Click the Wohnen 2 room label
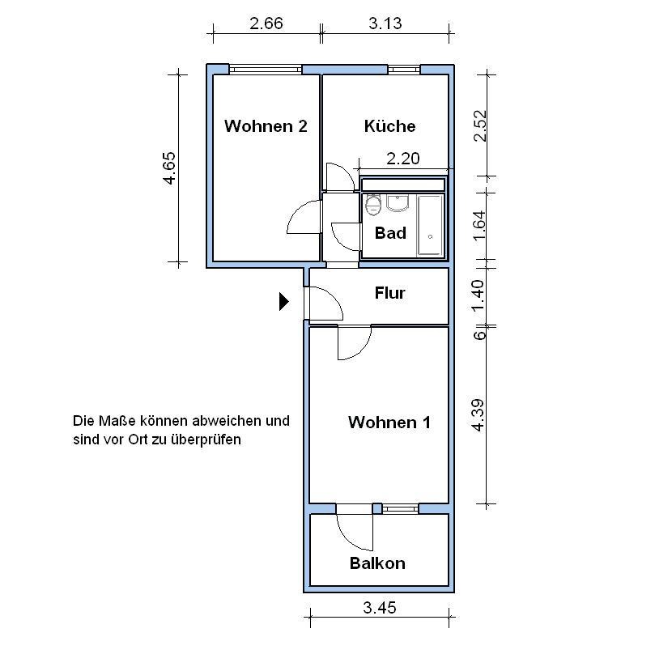[x=266, y=126]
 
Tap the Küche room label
[x=389, y=126]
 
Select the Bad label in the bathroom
[x=390, y=233]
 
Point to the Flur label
[x=389, y=293]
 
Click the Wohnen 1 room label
[x=389, y=423]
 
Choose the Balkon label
[x=377, y=563]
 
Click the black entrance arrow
[x=284, y=302]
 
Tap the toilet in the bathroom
[x=373, y=205]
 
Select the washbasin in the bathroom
[x=398, y=203]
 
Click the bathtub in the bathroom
[x=430, y=225]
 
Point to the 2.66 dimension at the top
[x=266, y=23]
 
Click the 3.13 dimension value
[x=385, y=23]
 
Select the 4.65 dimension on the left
[x=169, y=168]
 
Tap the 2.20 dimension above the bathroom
[x=403, y=159]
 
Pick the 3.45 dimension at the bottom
[x=379, y=608]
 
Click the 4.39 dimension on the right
[x=478, y=415]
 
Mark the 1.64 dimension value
[x=479, y=226]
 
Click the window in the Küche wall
[x=404, y=70]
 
